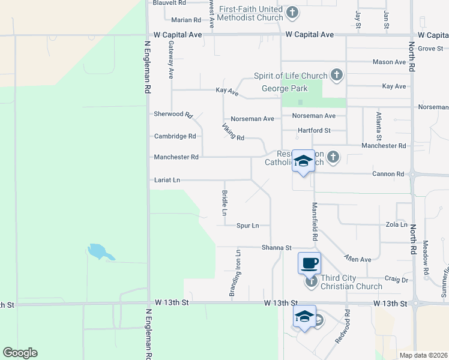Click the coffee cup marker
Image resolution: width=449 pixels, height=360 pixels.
(309, 262)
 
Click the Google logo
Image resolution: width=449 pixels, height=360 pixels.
(20, 353)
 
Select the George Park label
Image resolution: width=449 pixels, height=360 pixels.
(285, 89)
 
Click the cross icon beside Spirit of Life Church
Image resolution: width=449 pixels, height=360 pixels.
(337, 75)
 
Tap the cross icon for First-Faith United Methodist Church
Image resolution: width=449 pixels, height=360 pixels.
(292, 12)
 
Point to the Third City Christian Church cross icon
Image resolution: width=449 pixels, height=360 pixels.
(311, 281)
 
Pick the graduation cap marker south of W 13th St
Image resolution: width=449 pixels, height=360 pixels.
(304, 316)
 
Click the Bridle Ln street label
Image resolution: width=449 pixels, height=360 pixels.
(224, 203)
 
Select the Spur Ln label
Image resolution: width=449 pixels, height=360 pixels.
(247, 226)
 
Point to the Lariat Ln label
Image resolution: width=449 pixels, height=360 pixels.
(167, 180)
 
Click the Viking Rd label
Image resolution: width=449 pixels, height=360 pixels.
(233, 132)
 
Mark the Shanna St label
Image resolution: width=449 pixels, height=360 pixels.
(276, 248)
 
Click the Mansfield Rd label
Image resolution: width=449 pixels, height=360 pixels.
(314, 221)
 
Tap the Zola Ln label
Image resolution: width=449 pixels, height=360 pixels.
(396, 224)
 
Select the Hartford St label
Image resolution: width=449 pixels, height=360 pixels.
(315, 130)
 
